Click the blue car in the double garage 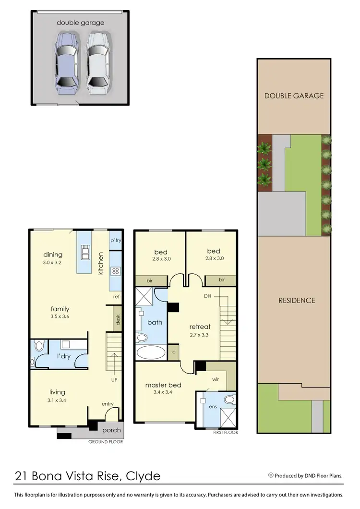[x=66, y=61]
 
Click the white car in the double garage [x=98, y=61]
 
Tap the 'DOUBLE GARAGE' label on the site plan [x=294, y=96]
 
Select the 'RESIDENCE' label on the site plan [x=297, y=300]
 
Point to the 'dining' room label [x=53, y=254]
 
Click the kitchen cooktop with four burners [x=115, y=271]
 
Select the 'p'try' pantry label [x=115, y=241]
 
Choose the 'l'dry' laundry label [x=65, y=357]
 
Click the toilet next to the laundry [x=39, y=345]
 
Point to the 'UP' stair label [x=114, y=379]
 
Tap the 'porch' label [x=112, y=430]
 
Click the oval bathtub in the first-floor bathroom [x=151, y=352]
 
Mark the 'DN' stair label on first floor [x=208, y=296]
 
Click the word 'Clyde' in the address [x=143, y=476]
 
